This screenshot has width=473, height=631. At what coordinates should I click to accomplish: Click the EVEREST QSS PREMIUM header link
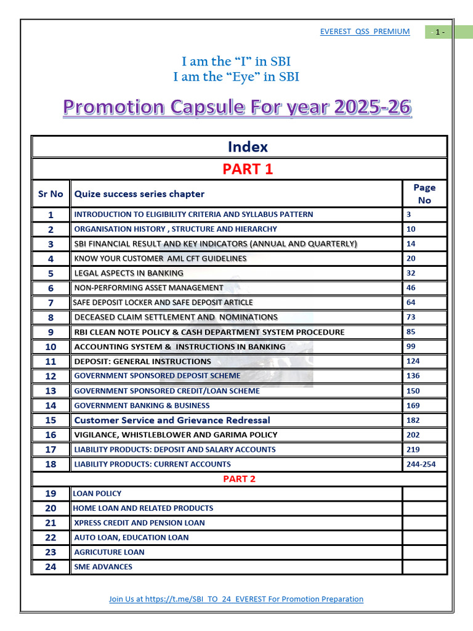pyautogui.click(x=365, y=31)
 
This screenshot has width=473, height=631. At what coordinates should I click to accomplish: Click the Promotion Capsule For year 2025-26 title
pyautogui.click(x=237, y=108)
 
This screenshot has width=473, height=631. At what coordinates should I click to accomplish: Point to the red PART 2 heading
pyautogui.click(x=239, y=479)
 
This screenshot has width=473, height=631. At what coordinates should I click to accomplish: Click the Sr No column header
pyautogui.click(x=51, y=193)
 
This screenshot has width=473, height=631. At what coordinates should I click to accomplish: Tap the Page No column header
pyautogui.click(x=424, y=193)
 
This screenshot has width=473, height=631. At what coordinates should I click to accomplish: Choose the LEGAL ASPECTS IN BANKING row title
pyautogui.click(x=129, y=273)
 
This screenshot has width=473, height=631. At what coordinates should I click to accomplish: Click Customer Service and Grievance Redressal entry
pyautogui.click(x=172, y=420)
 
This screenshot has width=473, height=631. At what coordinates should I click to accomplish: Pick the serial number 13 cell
pyautogui.click(x=51, y=391)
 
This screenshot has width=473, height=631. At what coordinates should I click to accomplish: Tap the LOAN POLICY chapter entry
pyautogui.click(x=97, y=494)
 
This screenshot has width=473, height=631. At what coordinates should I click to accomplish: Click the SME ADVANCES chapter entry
pyautogui.click(x=103, y=567)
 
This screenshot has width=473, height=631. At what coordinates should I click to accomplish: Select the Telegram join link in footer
pyautogui.click(x=236, y=599)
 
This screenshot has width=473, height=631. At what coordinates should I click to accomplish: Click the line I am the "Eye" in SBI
pyautogui.click(x=236, y=77)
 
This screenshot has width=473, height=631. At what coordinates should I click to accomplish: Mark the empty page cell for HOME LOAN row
pyautogui.click(x=424, y=508)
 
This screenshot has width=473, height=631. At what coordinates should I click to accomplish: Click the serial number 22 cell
pyautogui.click(x=51, y=537)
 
